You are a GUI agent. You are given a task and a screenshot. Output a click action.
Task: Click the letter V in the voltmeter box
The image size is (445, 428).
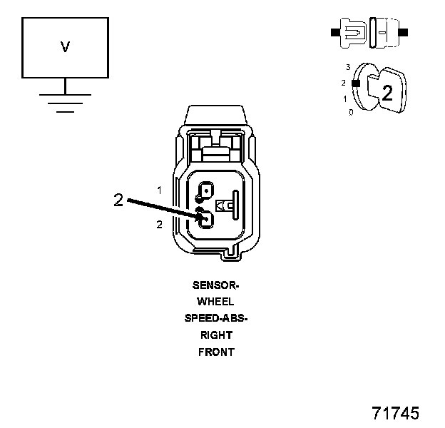pos(65,47)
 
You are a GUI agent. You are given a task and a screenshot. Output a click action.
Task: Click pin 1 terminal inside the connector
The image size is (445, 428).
pos(206,190)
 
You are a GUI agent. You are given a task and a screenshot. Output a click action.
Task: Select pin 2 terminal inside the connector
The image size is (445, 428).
pos(206,220)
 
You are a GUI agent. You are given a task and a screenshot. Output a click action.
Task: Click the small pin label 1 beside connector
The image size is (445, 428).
pos(160,190)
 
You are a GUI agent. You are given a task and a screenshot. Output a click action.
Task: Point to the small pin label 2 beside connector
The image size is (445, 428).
pos(160,224)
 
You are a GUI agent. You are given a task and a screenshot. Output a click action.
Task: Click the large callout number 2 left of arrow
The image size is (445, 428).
pos(118,200)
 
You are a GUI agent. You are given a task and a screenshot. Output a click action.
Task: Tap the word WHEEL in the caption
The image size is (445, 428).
pos(216,301)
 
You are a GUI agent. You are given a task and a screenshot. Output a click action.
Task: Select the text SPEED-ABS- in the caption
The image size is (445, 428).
pos(216,318)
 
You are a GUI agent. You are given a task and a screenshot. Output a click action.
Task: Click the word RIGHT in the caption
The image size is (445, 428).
pos(216,335)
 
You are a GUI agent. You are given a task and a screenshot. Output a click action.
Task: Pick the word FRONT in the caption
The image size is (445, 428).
pos(216,352)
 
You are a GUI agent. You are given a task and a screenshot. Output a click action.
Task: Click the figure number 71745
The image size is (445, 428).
pos(395,413)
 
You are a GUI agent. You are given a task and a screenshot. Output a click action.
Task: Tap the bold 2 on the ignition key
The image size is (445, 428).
pos(387,92)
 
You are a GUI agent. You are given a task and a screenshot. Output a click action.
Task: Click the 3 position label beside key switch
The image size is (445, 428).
pos(347,67)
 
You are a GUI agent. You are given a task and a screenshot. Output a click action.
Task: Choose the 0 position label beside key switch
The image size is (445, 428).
pos(351,113)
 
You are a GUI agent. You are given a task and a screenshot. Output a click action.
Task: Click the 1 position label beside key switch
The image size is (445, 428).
pos(345,98)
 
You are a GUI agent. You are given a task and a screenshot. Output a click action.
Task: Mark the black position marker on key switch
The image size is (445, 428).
pos(354,83)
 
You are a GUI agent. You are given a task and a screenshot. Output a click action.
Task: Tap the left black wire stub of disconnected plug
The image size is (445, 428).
pos(334,32)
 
